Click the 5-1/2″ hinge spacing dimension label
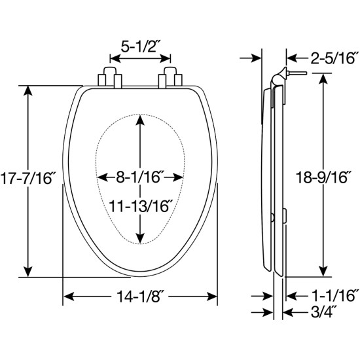[x=140, y=47]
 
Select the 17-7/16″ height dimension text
[x=26, y=178]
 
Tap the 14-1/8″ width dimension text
[x=140, y=296]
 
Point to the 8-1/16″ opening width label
[x=140, y=177]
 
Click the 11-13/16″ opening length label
[x=140, y=206]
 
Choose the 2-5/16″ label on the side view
[x=334, y=58]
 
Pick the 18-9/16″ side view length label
[x=322, y=177]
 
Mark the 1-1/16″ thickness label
[x=334, y=295]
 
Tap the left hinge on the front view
[x=110, y=78]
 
